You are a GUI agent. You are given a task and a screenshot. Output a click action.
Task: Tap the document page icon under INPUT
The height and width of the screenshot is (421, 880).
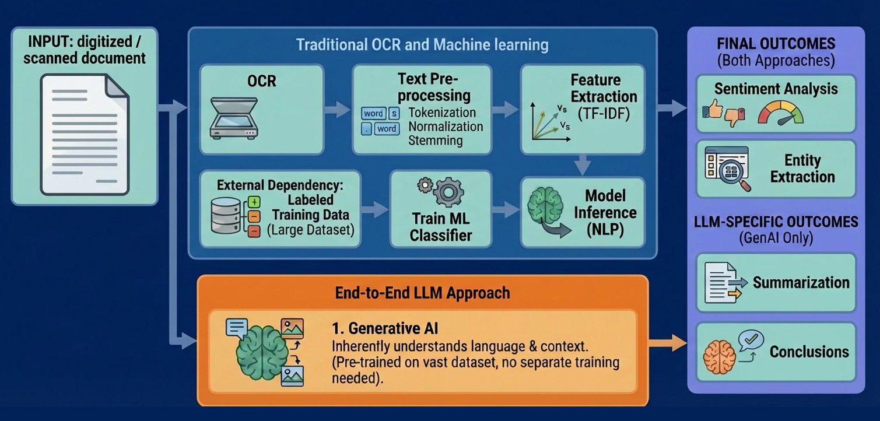(x=84, y=134)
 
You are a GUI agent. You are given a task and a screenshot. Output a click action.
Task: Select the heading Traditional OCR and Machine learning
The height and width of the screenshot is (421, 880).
(x=422, y=44)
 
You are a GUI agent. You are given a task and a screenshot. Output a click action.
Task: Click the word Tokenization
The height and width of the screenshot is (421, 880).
(x=442, y=113)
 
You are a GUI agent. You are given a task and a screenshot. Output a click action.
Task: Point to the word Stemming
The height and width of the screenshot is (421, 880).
(x=435, y=141)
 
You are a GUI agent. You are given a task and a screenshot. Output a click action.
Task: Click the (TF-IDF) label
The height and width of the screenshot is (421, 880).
(x=604, y=114)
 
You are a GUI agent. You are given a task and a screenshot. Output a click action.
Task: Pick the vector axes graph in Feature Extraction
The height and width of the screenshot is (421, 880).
(x=549, y=121)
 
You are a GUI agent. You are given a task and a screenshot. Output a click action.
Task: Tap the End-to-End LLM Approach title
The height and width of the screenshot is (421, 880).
(x=422, y=292)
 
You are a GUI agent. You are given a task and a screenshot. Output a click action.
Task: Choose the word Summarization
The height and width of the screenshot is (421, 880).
(x=801, y=282)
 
